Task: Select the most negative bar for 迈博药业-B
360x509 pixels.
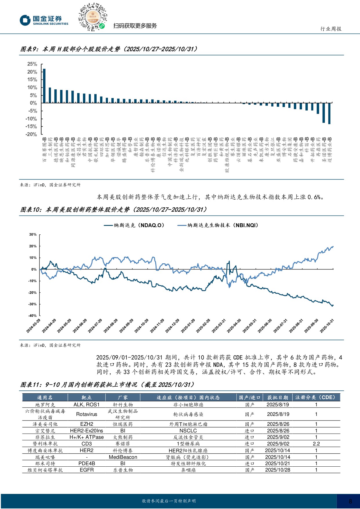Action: [329, 113]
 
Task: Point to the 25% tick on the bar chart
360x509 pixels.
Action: [32, 64]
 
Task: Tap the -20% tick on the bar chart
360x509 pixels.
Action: [31, 134]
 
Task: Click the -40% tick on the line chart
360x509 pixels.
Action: [33, 316]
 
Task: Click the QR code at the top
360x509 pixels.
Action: [93, 17]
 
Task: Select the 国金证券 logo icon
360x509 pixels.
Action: [25, 20]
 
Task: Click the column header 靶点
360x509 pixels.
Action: [86, 397]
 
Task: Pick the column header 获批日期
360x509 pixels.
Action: [278, 397]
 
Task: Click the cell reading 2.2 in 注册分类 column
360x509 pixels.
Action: [316, 444]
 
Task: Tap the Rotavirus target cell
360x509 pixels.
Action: [86, 414]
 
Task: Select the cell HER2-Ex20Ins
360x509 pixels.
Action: [86, 431]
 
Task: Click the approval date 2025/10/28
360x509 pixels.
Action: [278, 470]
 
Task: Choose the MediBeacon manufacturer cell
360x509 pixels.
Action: [123, 457]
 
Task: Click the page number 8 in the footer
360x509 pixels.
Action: [350, 501]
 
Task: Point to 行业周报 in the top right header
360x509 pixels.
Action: [331, 29]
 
